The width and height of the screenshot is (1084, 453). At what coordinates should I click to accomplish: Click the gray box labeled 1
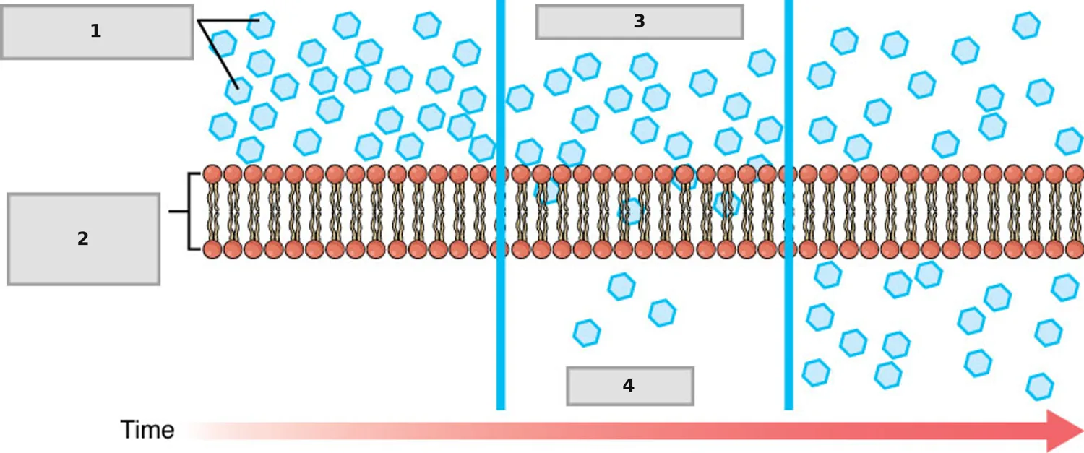tap(97, 32)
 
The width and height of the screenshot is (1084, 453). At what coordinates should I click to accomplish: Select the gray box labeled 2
tap(83, 239)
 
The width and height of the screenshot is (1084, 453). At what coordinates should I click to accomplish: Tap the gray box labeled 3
tap(640, 22)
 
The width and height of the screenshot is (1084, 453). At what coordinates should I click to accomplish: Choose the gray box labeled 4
tap(630, 386)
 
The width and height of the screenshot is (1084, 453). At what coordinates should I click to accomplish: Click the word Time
tap(147, 430)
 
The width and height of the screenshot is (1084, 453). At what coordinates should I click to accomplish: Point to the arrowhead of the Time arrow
tap(1064, 431)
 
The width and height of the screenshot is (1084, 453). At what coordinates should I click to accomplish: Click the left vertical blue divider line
tap(501, 204)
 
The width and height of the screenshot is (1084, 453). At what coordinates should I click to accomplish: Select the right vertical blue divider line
tap(789, 204)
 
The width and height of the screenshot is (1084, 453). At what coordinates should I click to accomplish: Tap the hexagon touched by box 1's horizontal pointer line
tap(261, 25)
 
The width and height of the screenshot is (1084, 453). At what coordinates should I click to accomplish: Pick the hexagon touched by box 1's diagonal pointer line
tap(238, 90)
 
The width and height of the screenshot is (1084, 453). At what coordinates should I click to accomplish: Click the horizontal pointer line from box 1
tap(228, 20)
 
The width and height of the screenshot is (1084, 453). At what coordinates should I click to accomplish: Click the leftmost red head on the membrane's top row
tap(212, 173)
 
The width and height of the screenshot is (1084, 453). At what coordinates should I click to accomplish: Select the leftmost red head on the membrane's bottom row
tap(212, 250)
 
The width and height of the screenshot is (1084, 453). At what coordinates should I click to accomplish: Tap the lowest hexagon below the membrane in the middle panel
tap(587, 333)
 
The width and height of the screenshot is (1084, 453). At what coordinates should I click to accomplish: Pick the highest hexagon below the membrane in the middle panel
tap(621, 287)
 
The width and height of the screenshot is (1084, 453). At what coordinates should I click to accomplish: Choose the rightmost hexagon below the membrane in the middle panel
tap(662, 313)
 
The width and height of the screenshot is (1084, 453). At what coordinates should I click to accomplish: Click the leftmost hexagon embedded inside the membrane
tap(547, 190)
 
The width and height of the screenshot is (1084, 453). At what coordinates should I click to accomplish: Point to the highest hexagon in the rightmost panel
tap(1026, 26)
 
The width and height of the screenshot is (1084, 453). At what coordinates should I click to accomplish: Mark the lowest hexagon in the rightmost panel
tap(1039, 387)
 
